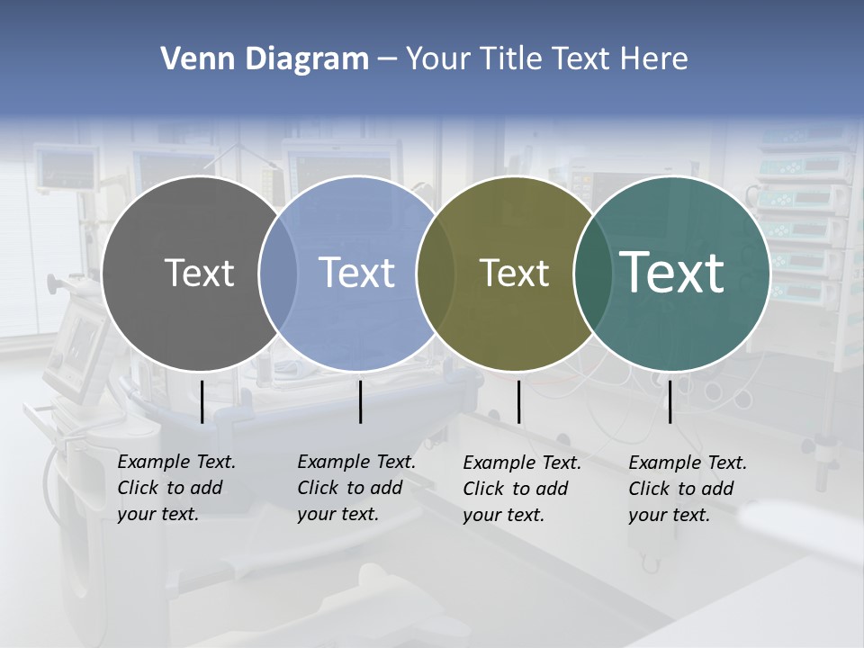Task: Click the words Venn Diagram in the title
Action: tap(265, 59)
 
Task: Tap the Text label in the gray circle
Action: tap(199, 273)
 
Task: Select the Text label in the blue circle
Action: tap(356, 273)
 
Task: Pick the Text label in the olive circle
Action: tap(514, 273)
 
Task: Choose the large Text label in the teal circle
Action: tap(672, 272)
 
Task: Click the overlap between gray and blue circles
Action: tap(278, 274)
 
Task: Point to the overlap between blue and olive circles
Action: tap(436, 274)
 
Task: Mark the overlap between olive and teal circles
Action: tap(592, 274)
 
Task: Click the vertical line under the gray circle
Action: tap(202, 401)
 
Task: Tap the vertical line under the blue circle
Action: tap(360, 401)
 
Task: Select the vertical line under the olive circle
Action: tap(518, 401)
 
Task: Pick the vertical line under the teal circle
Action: tap(670, 401)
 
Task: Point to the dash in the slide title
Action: tap(387, 60)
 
